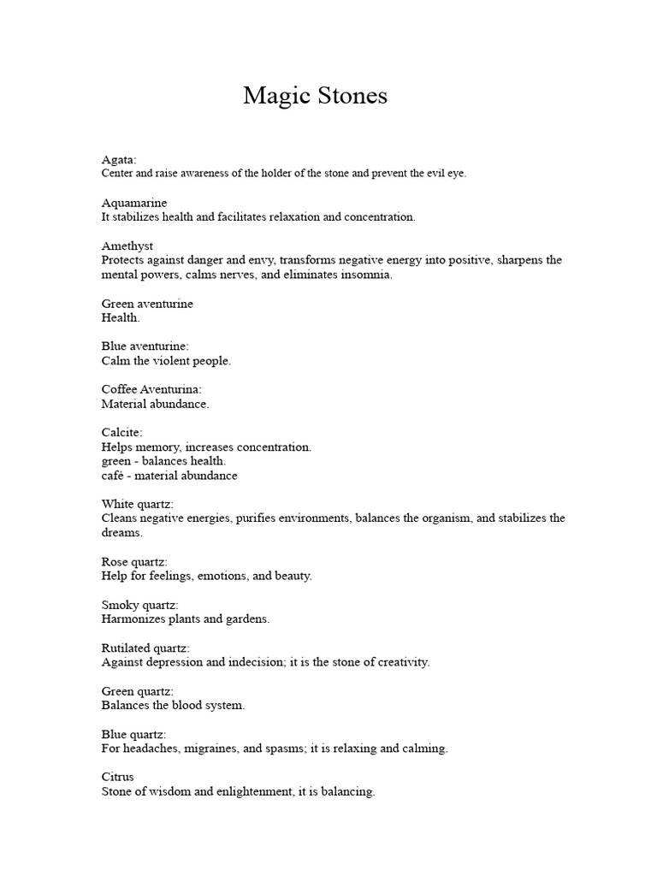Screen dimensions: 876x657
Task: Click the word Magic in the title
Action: click(x=273, y=96)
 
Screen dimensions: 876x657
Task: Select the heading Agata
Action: click(x=118, y=160)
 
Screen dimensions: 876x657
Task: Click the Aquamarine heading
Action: click(x=134, y=203)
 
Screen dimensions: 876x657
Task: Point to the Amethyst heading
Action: click(x=127, y=246)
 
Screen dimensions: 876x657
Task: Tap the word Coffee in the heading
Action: click(x=119, y=389)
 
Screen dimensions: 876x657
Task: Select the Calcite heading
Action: click(x=121, y=432)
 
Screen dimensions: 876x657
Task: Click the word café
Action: click(x=114, y=475)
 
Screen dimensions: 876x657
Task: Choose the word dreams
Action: click(x=121, y=532)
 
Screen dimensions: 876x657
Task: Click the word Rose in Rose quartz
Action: click(x=115, y=561)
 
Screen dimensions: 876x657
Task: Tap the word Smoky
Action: click(x=120, y=604)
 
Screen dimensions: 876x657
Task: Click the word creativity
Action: click(x=400, y=662)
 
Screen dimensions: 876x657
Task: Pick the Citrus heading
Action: click(x=118, y=777)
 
